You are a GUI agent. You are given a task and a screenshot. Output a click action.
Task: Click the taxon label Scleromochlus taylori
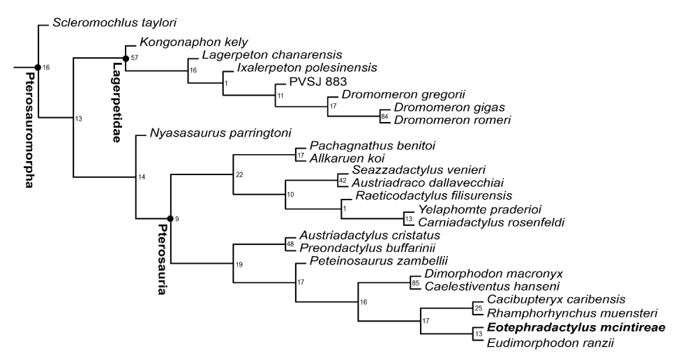[114, 23]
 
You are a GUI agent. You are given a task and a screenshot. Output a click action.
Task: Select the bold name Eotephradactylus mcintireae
[576, 328]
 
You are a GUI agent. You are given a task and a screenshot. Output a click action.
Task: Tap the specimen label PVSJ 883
[317, 82]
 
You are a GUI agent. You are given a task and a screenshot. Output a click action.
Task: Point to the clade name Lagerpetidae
[115, 103]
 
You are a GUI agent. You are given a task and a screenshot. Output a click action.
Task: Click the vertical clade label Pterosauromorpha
[29, 130]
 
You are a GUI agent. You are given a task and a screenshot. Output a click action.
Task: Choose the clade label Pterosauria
[162, 259]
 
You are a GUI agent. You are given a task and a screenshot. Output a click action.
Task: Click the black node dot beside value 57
[126, 59]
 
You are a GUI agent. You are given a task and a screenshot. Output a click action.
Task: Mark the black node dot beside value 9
[170, 218]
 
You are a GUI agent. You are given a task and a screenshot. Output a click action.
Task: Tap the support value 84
[384, 116]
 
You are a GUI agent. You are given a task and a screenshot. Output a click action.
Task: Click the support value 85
[415, 283]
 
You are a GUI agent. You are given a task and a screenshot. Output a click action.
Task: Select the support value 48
[290, 244]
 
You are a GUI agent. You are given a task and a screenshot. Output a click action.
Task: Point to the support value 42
[343, 181]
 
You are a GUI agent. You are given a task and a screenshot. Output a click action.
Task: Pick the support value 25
[479, 308]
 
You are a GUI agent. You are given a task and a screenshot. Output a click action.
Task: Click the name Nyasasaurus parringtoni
[220, 133]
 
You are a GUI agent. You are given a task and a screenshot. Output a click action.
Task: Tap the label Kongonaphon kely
[194, 42]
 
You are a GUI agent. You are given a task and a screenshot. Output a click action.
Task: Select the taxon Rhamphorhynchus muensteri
[572, 313]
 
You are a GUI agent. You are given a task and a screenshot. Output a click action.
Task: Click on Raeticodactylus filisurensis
[434, 196]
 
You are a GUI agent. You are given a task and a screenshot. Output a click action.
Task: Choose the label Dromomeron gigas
[449, 107]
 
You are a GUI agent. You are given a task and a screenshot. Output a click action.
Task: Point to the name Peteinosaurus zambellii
[379, 261]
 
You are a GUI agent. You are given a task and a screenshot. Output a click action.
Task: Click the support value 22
[239, 174]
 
